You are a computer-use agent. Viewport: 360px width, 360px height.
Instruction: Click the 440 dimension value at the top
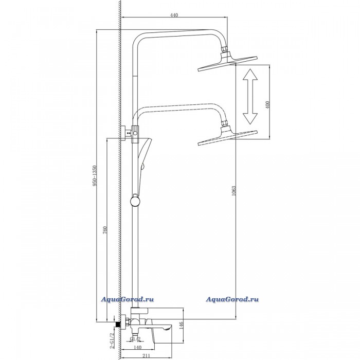174,15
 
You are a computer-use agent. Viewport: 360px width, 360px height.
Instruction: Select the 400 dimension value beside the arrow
268,104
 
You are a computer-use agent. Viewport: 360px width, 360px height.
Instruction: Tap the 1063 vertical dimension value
233,191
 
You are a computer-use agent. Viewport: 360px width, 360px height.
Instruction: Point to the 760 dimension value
105,230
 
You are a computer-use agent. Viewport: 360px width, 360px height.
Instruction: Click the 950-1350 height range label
94,176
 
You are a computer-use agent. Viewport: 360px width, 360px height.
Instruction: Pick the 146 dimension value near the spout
181,326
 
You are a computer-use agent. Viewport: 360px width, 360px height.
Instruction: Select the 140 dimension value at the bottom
137,348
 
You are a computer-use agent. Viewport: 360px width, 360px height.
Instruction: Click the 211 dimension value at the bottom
146,356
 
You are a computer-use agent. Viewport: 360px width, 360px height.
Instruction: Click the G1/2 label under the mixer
135,338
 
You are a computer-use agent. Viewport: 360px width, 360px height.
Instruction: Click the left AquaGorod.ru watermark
128,299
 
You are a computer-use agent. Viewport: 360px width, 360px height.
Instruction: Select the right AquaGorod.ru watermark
232,299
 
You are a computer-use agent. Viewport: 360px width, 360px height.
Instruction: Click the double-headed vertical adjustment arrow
250,97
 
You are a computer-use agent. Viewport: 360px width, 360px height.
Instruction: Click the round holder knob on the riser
135,201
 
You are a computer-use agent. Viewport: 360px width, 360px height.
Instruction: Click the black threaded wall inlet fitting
118,325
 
